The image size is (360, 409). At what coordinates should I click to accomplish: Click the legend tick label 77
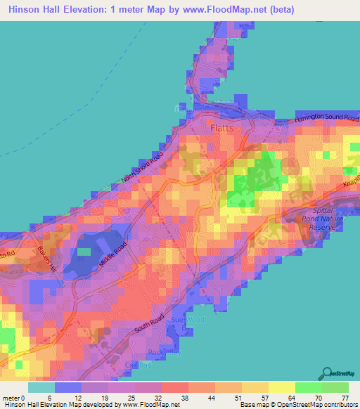pyautogui.click(x=344, y=398)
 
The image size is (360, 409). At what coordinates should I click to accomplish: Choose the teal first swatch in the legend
pyautogui.click(x=41, y=387)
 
